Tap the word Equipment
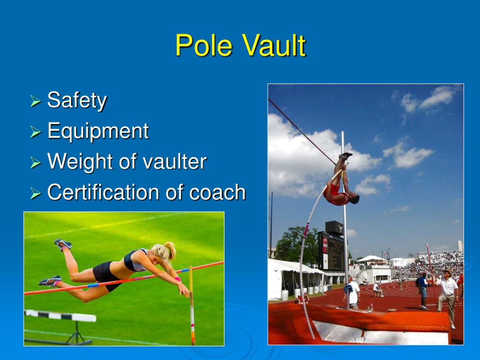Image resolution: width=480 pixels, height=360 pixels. (x=98, y=131)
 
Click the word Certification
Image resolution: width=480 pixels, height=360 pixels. (x=110, y=192)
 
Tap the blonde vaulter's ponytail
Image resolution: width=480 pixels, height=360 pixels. (x=169, y=250)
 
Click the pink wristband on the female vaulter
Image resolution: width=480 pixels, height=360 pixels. (x=178, y=279)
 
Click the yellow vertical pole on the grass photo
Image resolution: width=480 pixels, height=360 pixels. (x=191, y=305)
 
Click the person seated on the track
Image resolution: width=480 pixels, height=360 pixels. (x=377, y=289)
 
